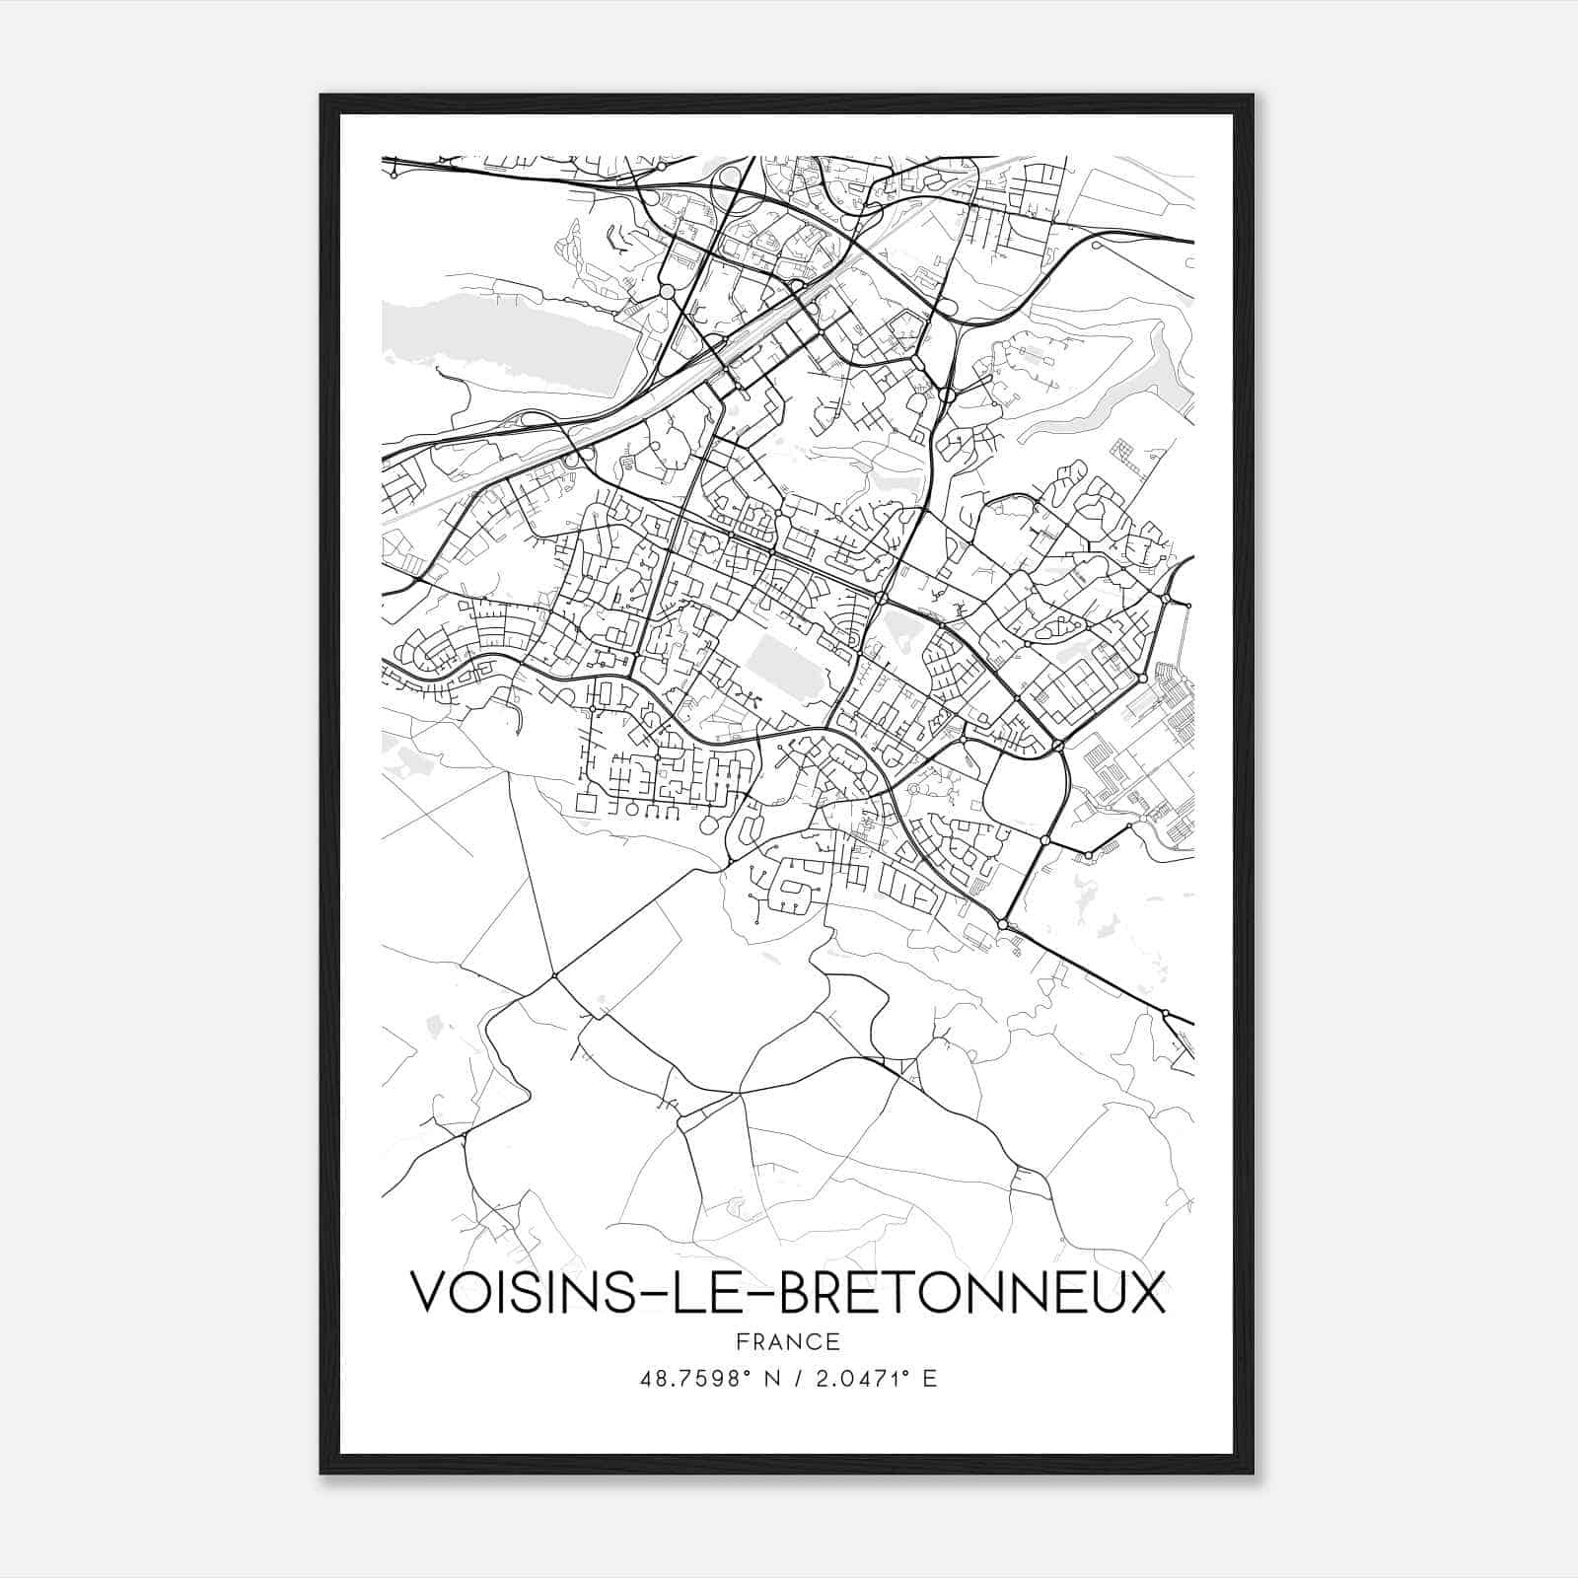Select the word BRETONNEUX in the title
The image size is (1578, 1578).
coord(970,1292)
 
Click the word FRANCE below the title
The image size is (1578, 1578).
coord(788,1342)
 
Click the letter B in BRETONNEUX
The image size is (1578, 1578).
coord(797,1292)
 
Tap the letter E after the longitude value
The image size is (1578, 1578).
coord(929,1379)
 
